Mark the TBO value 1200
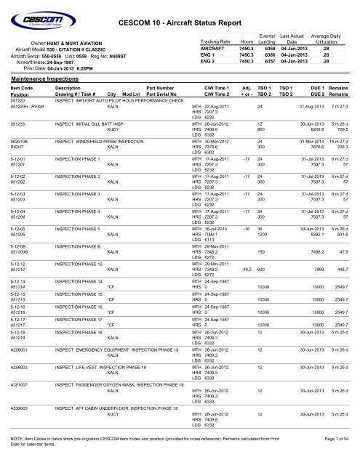(260, 236)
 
